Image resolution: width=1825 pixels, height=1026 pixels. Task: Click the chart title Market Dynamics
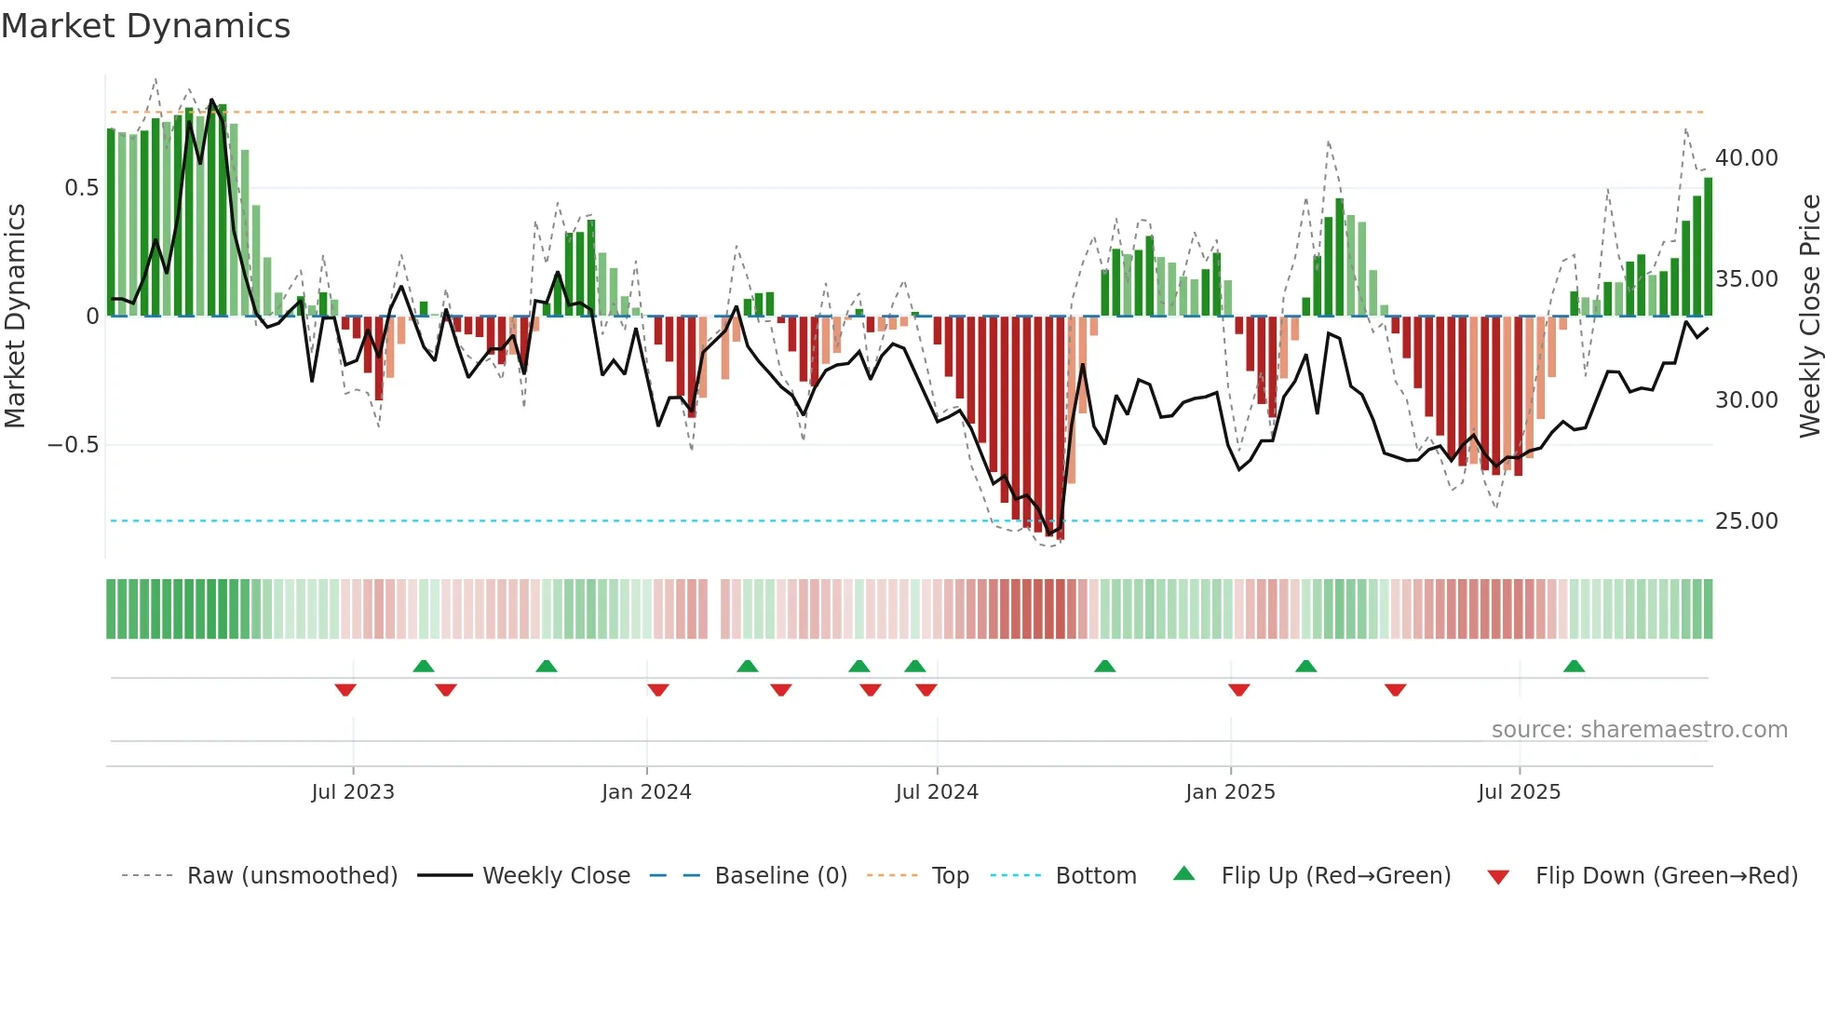pos(145,26)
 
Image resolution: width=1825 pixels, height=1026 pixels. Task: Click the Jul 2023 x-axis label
pos(353,792)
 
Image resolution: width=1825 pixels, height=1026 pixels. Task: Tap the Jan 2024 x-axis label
pos(646,792)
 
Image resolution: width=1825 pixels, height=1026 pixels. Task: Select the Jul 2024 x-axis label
pos(937,792)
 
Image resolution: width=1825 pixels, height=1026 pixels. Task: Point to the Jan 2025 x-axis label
pos(1230,792)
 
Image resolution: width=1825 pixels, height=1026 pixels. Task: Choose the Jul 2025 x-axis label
pos(1519,792)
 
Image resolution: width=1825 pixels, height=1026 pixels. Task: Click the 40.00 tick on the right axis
pos(1746,158)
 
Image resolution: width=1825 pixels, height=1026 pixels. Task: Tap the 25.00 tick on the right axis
pos(1746,521)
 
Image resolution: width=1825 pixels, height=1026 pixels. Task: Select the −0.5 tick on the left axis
pos(73,445)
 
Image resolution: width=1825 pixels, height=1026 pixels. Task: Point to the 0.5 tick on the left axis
pos(81,188)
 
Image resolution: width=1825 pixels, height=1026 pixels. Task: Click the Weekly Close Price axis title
pos(1809,317)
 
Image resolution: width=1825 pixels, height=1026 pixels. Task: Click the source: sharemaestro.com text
pos(1639,730)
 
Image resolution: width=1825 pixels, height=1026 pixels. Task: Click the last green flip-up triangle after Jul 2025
pos(1574,667)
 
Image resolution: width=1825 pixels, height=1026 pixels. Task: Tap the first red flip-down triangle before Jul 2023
pos(345,690)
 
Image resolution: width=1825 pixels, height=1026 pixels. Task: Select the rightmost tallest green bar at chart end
pos(1708,247)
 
